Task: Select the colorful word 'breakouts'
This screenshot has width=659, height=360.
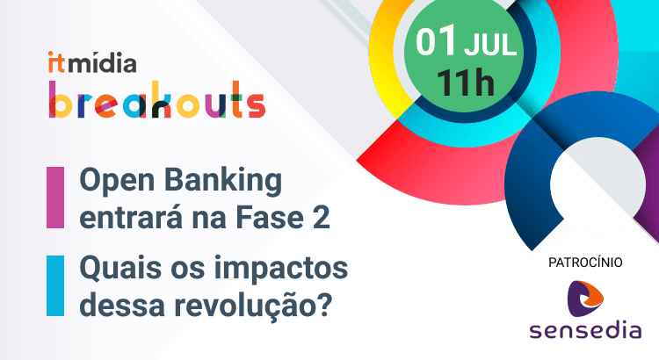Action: click(x=156, y=99)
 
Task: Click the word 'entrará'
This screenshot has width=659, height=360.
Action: click(x=130, y=217)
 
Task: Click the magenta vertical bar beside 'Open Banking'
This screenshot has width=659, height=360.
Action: click(x=55, y=198)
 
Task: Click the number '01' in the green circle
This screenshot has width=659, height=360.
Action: click(x=435, y=42)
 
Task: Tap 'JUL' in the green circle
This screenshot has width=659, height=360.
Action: click(x=489, y=44)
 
